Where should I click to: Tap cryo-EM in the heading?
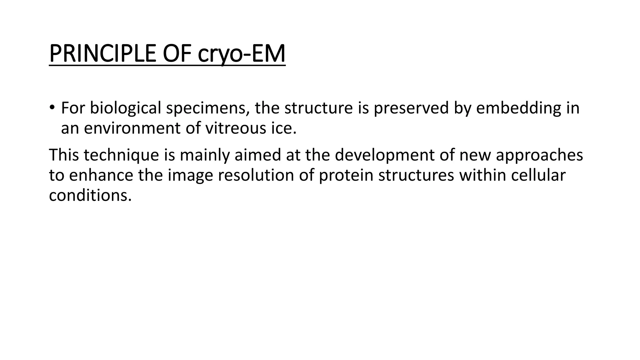point(242,54)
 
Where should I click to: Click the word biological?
point(125,108)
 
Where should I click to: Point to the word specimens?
point(207,108)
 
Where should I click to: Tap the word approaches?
point(539,155)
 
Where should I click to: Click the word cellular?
point(538,175)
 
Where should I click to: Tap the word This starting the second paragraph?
point(64,155)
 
